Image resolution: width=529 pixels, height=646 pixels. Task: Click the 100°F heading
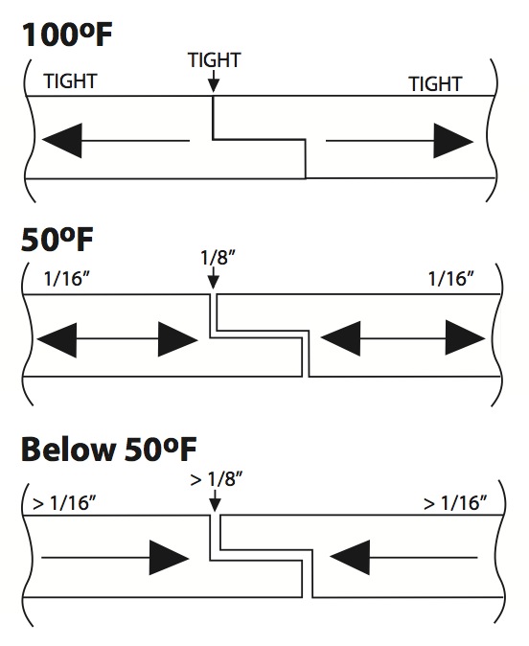point(67,35)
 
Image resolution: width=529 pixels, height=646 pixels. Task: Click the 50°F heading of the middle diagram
point(57,240)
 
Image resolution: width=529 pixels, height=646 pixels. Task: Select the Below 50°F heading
point(108,450)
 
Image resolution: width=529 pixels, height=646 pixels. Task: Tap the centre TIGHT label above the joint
point(215,60)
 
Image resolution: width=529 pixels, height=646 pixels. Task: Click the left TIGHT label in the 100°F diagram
point(70,81)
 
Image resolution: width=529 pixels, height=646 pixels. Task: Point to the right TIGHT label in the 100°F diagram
point(435,84)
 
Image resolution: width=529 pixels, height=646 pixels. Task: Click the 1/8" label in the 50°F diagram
point(218,259)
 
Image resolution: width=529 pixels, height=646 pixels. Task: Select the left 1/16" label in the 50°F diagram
point(67,279)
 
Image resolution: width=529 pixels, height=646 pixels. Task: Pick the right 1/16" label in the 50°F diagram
point(451,279)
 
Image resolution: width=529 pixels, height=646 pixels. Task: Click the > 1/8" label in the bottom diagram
point(217,479)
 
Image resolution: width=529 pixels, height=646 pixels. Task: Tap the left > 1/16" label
point(64,503)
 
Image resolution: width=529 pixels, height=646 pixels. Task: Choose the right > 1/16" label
point(455,503)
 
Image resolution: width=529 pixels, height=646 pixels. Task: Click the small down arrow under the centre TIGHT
point(213,81)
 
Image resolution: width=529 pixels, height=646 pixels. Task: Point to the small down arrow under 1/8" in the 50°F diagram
point(213,279)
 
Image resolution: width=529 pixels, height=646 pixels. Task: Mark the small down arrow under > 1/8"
point(215,500)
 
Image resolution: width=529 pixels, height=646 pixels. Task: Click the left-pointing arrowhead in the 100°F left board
point(62,141)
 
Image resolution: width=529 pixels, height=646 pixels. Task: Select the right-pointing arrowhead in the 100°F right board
point(453,141)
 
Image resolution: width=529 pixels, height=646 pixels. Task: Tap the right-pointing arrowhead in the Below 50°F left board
point(169,558)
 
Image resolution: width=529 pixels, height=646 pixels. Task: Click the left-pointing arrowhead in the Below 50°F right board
point(350,558)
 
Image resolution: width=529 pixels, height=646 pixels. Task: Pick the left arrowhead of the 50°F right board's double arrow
point(340,339)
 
